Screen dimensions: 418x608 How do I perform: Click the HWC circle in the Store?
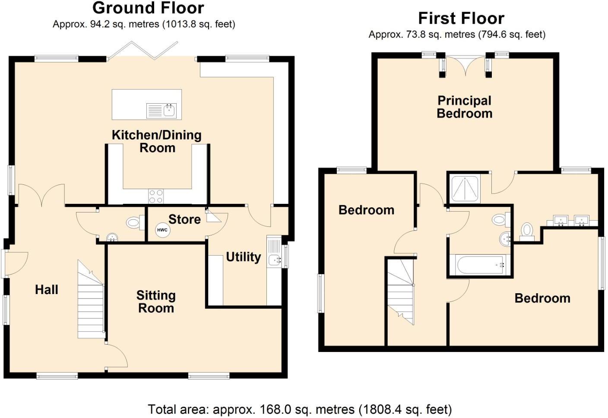[x=162, y=230]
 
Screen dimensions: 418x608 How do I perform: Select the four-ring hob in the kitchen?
[x=156, y=196]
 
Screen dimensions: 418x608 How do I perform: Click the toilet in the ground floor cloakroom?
[x=134, y=223]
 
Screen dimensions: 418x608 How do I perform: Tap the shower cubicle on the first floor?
[x=465, y=189]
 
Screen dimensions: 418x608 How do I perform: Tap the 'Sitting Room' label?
[x=156, y=302]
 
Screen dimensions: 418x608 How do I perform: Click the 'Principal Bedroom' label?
[x=465, y=107]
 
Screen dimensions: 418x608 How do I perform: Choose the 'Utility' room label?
[x=244, y=257]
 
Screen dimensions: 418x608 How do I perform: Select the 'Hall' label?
[x=47, y=289]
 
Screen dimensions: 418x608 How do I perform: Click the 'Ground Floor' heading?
[x=148, y=8]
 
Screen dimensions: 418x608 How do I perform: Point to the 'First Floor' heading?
[x=461, y=18]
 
